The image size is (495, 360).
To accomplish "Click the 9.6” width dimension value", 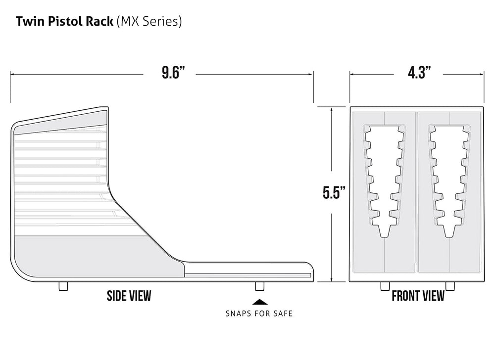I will point(173,74).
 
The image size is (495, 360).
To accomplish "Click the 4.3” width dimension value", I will point(418,74).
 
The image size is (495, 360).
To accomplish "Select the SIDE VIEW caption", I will point(129,296).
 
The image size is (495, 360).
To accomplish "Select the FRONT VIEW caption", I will point(418,296).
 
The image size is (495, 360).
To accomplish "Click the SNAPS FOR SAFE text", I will point(259,313).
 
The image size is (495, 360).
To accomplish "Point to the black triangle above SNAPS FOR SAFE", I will point(259,301).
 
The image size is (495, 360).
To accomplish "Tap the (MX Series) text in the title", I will point(148,22).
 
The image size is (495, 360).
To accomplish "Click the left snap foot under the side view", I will point(63,286).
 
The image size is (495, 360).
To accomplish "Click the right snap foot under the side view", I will point(259,286).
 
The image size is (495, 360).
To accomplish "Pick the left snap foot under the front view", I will point(385,286).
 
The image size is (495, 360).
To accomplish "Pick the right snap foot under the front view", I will point(449,286).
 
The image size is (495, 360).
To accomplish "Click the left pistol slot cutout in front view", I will point(385,178).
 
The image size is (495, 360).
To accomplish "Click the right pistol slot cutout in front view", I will point(449,178).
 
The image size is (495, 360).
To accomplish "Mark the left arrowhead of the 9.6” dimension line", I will point(12,74).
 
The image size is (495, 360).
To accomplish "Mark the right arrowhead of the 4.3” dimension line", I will point(482,74).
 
